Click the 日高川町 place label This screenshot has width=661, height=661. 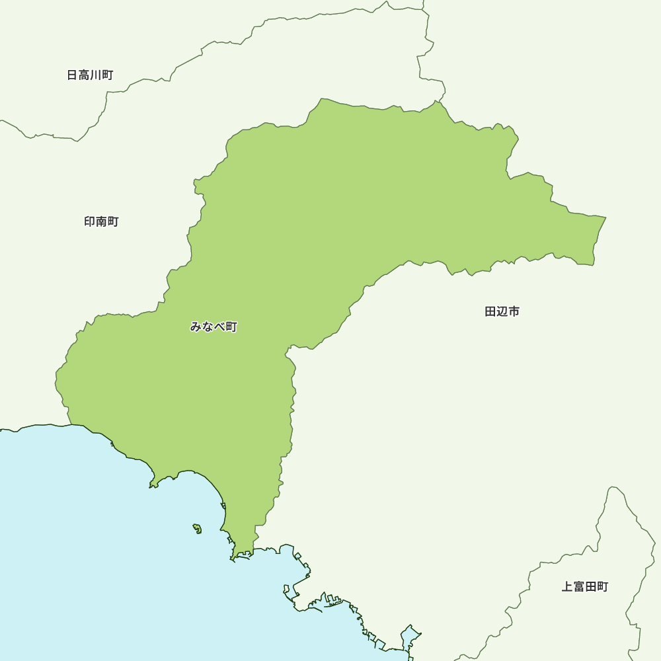tap(90, 75)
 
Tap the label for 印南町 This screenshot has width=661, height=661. tap(101, 221)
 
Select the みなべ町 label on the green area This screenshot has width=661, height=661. tap(214, 327)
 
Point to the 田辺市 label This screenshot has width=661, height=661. tap(502, 311)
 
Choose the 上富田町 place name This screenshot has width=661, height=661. tap(585, 587)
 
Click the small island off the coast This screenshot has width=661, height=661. tap(197, 528)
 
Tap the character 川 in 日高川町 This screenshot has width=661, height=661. tap(96, 75)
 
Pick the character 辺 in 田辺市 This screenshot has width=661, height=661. tap(502, 311)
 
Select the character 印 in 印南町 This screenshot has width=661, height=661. tap(90, 221)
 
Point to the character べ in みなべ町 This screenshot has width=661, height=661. tap(219, 327)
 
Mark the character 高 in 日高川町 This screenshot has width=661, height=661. tap(84, 75)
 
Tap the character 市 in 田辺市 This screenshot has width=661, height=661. tap(514, 311)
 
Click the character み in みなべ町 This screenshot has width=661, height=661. tap(196, 327)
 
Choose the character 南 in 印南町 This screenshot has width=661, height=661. tap(101, 221)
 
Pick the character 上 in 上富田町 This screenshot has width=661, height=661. tap(567, 587)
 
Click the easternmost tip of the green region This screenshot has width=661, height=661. tap(605, 217)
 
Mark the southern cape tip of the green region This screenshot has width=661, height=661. tap(233, 559)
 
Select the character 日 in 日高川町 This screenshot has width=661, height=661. tap(72, 75)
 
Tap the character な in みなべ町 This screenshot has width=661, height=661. tap(208, 327)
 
